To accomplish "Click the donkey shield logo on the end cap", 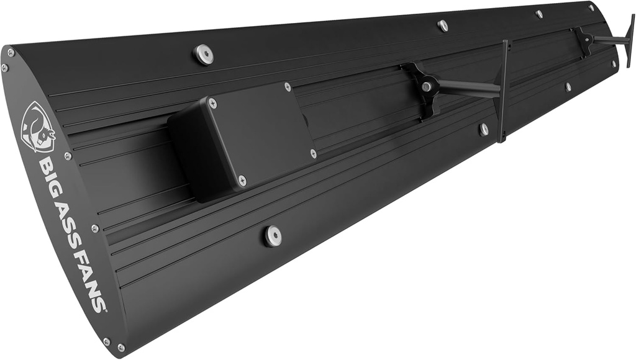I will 39,127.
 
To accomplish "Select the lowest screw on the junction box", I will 242,181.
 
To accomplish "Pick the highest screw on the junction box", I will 287,87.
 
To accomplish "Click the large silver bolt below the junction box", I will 271,235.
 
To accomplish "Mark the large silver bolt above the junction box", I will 202,53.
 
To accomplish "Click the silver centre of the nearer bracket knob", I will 427,87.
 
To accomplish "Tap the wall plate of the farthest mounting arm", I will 630,40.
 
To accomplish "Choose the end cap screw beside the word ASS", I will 95,228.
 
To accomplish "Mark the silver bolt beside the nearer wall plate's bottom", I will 484,129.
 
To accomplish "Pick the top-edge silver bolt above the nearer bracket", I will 442,25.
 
